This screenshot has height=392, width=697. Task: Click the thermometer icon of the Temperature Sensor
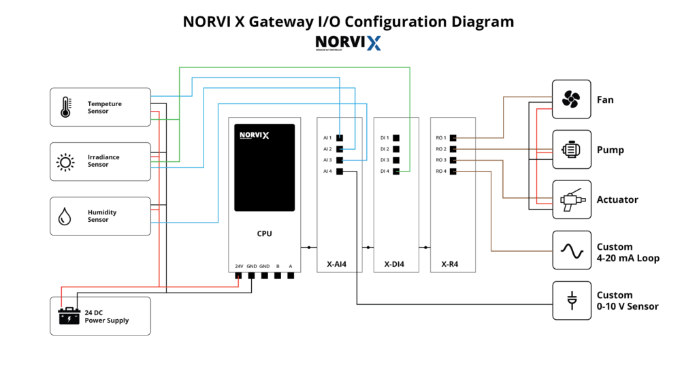(65, 107)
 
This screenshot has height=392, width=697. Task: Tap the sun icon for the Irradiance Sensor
(65, 161)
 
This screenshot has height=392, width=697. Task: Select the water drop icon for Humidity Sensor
(65, 216)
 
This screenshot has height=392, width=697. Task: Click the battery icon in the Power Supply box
(69, 316)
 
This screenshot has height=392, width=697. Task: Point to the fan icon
(571, 100)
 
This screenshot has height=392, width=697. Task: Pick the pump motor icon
(571, 150)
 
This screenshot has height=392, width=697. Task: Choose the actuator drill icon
(571, 199)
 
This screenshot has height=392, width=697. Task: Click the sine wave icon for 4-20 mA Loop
(571, 250)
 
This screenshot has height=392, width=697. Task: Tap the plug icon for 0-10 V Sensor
(571, 300)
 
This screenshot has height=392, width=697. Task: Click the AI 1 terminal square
(339, 138)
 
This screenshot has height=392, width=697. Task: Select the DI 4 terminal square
(395, 171)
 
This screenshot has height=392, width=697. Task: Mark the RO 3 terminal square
(453, 160)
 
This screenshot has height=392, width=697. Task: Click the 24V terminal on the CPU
(239, 276)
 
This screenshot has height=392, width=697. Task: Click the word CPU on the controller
(264, 233)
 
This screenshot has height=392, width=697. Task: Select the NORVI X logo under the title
(348, 44)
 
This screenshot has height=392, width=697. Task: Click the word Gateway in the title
(282, 22)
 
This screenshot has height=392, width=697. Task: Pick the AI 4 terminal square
(339, 171)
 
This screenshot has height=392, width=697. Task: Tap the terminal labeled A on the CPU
(291, 276)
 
